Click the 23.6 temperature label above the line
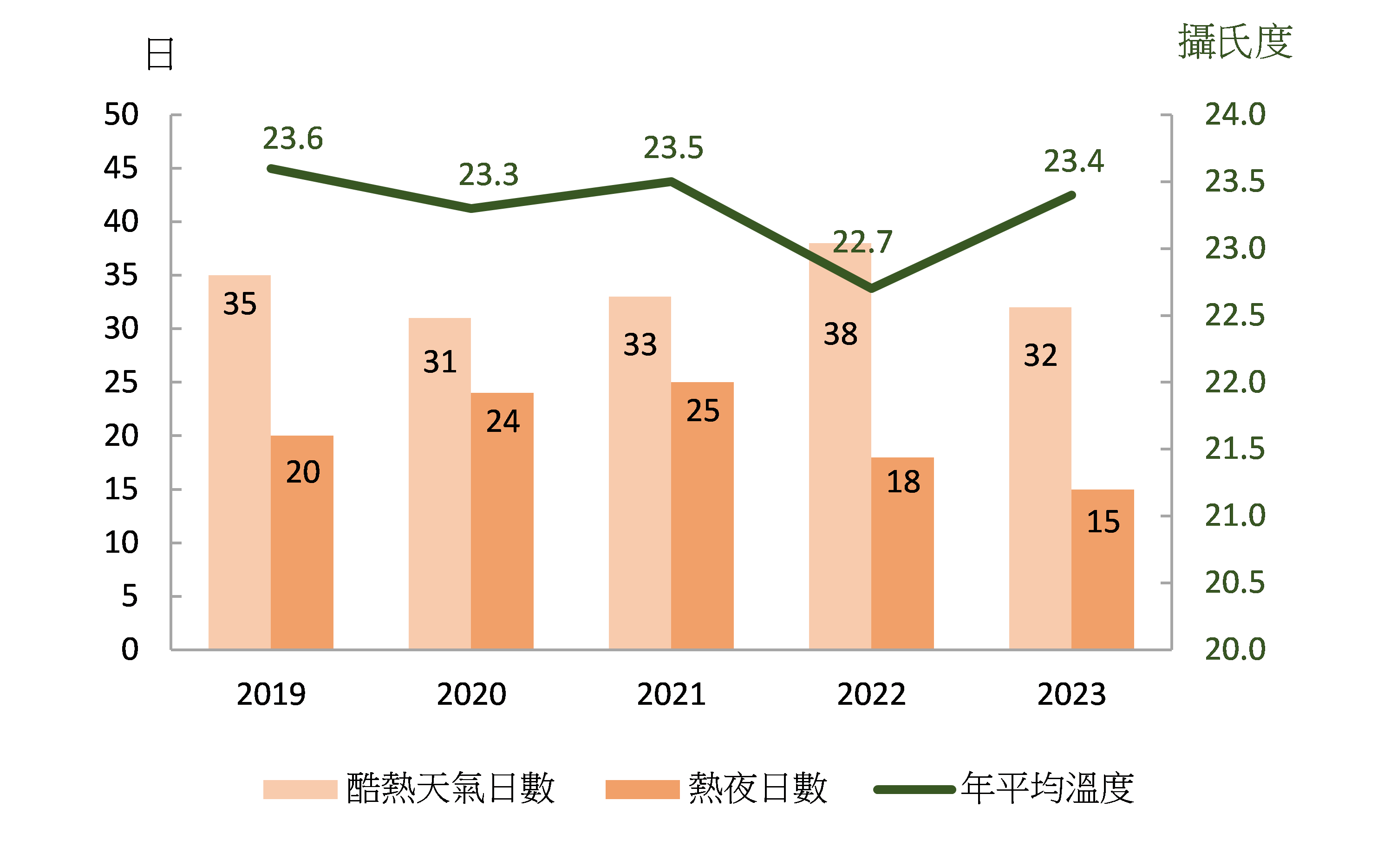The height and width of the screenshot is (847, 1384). click(x=293, y=138)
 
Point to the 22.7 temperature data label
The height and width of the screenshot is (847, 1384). click(x=862, y=242)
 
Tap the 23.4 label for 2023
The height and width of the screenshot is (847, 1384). click(x=1073, y=161)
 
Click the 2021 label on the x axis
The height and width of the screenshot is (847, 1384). click(x=671, y=694)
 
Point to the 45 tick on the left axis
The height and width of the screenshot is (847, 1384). click(x=121, y=168)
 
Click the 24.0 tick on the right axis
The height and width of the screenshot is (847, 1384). click(x=1234, y=115)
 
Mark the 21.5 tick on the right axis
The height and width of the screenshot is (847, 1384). click(x=1234, y=449)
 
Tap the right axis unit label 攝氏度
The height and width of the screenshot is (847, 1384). click(x=1234, y=41)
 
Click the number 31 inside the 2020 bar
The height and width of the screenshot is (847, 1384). click(x=439, y=361)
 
